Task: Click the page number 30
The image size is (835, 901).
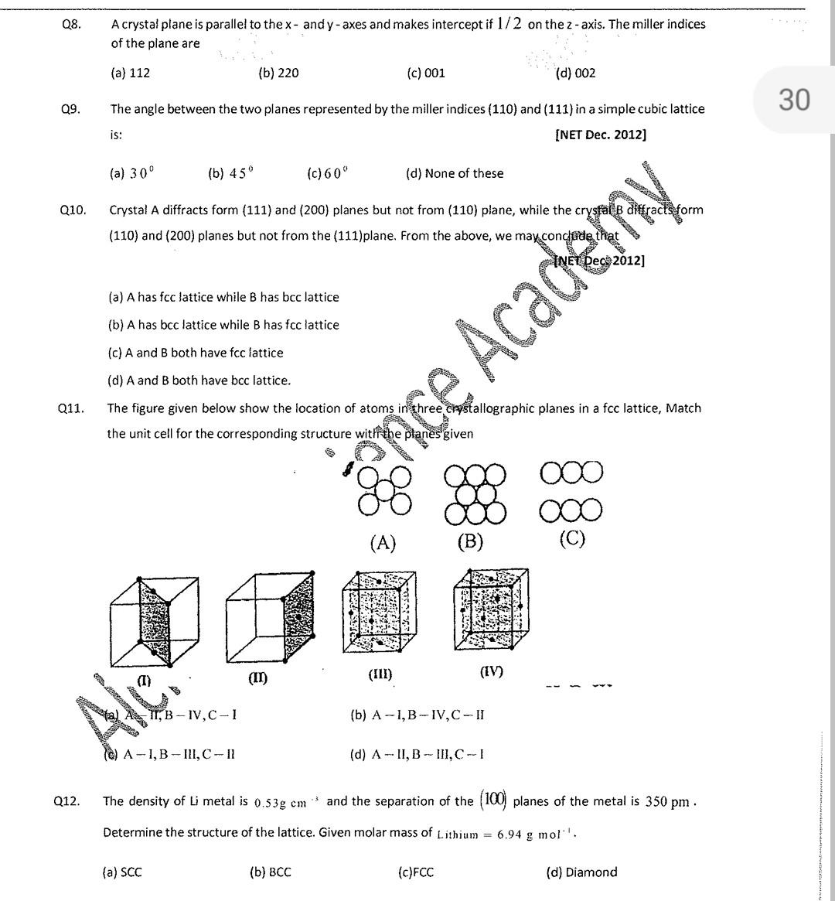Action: [x=794, y=100]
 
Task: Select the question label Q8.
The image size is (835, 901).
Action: [x=71, y=24]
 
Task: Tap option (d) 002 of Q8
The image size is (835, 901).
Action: [x=575, y=73]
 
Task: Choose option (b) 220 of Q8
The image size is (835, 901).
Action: [x=278, y=73]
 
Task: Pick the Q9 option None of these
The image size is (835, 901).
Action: [x=455, y=174]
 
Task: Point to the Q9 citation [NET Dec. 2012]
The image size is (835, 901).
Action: [x=600, y=135]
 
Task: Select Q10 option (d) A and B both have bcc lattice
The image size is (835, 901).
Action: [x=199, y=381]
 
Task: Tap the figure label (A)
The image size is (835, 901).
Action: [x=383, y=543]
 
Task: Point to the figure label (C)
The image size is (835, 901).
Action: [x=571, y=538]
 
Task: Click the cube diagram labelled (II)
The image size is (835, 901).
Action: [x=270, y=620]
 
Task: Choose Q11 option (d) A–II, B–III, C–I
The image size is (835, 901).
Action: [x=417, y=755]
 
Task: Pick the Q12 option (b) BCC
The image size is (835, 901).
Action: [x=271, y=872]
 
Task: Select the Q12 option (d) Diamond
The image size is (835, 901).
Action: [x=581, y=872]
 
